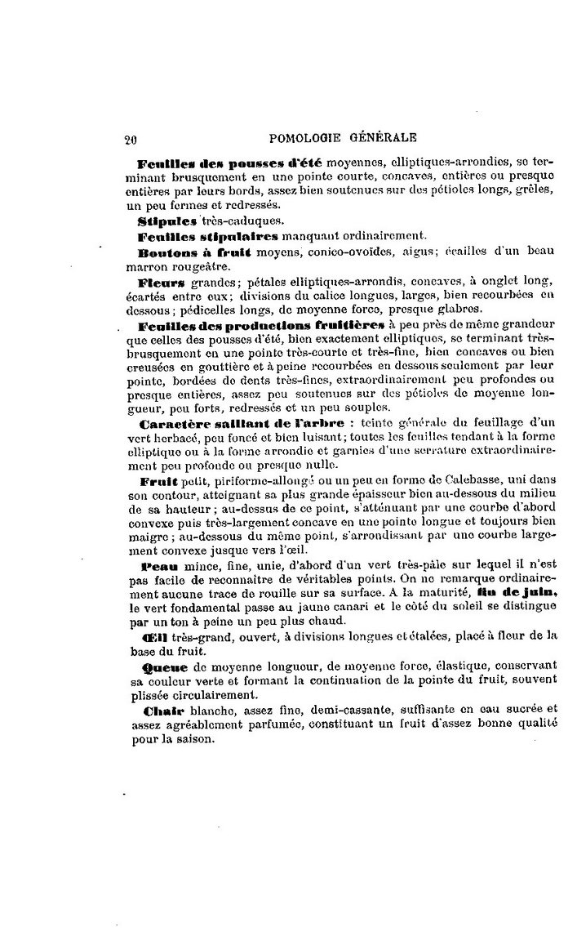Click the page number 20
pos(130,139)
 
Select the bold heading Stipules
pos(168,221)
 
